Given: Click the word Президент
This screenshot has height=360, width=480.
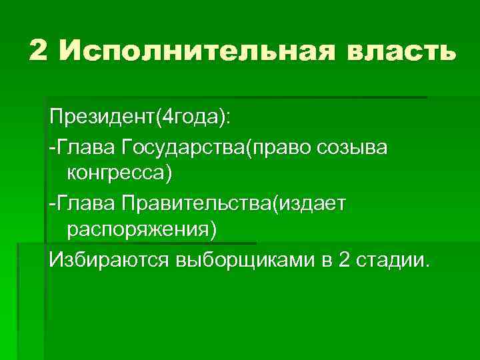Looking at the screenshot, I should click(101, 118).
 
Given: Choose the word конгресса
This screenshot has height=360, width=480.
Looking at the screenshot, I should click(115, 174).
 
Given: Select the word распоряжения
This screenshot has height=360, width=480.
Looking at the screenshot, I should click(137, 230).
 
